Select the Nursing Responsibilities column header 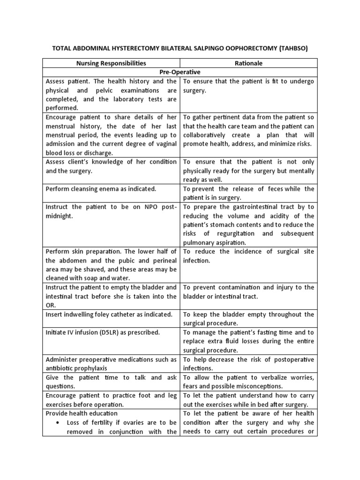tap(112, 63)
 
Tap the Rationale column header tap(249, 63)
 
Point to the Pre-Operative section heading tap(180, 72)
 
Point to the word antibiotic tap(61, 368)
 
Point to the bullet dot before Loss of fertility tap(57, 422)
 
